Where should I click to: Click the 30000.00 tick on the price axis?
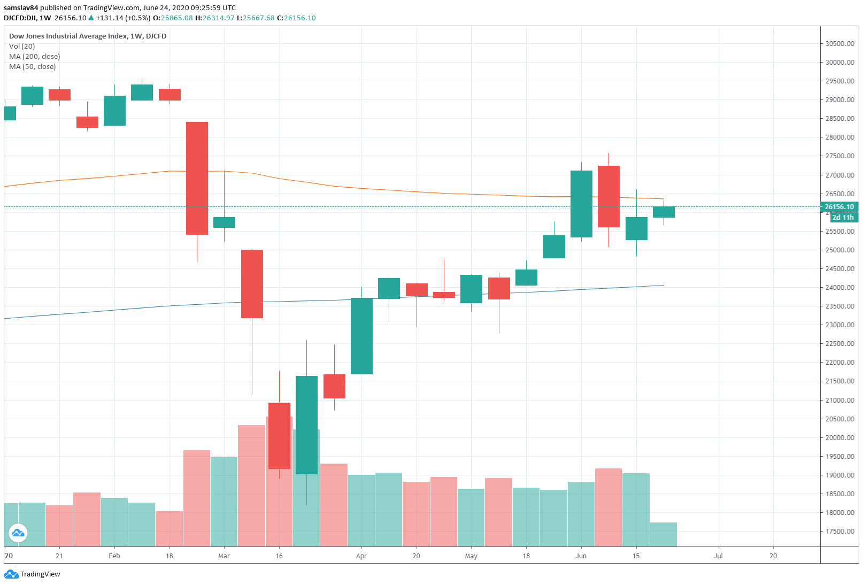839,63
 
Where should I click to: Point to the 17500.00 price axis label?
839,532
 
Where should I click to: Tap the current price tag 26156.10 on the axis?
839,207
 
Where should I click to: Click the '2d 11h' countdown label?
843,218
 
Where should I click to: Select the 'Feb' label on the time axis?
114,556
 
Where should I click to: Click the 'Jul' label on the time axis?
718,556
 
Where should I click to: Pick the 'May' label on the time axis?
471,556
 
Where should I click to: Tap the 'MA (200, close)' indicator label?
35,57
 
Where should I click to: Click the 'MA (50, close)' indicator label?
33,67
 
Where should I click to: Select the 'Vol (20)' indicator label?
22,47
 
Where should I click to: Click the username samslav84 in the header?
21,8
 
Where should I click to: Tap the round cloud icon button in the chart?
18,533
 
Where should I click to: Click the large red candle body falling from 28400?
197,178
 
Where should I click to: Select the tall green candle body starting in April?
361,336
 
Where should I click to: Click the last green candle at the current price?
664,212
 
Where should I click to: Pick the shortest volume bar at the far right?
664,534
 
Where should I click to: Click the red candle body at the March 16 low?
279,435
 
